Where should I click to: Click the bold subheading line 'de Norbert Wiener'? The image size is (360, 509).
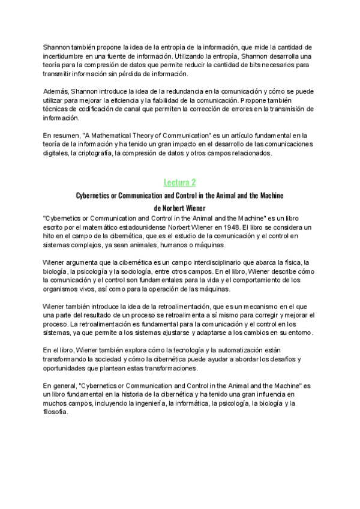point(179,208)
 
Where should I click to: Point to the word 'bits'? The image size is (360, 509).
point(247,65)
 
